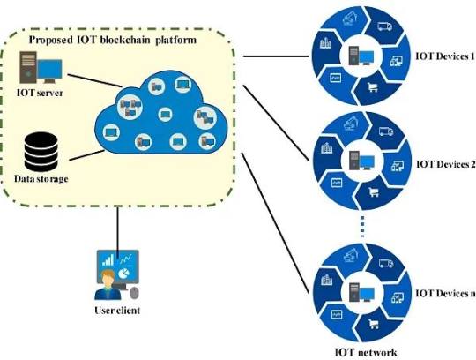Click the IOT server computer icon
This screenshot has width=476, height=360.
(x=41, y=67)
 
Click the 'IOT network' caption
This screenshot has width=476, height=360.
(x=366, y=352)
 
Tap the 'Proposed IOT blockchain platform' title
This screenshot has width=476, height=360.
(x=113, y=40)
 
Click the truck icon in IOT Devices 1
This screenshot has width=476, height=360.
(x=384, y=26)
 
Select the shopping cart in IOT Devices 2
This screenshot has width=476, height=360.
(x=374, y=192)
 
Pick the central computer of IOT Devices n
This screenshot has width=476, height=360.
(x=361, y=292)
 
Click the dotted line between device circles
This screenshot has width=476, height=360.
(x=362, y=227)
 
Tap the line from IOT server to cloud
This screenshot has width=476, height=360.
(x=94, y=81)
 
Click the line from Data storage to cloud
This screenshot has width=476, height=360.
(x=86, y=155)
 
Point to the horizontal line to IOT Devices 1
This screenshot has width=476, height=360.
(x=276, y=56)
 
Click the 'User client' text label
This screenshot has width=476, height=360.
(x=117, y=311)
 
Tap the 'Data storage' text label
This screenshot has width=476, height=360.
(x=41, y=178)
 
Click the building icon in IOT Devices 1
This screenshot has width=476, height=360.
(x=325, y=43)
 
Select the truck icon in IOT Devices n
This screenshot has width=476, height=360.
(x=386, y=263)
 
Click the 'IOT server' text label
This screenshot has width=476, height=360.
(x=40, y=93)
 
